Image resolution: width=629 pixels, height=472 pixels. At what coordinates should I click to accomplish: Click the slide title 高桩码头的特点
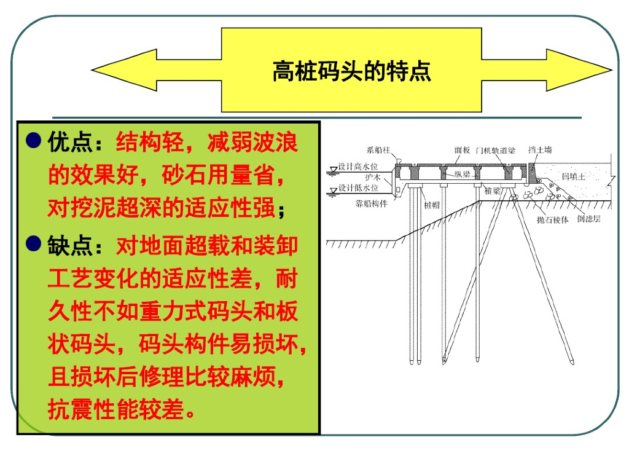[351, 71]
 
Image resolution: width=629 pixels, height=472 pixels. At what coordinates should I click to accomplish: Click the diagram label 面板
[463, 150]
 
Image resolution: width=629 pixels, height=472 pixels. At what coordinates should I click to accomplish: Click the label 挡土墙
[540, 150]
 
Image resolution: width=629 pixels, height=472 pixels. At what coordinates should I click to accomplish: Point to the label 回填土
[574, 176]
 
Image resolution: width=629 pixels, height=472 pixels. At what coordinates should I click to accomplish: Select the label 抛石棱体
[552, 219]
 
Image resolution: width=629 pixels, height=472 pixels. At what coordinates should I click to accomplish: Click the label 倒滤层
[588, 219]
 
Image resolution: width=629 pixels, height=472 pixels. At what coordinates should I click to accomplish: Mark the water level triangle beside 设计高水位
[332, 167]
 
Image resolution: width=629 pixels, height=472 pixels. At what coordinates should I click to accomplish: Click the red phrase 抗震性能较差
[117, 409]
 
